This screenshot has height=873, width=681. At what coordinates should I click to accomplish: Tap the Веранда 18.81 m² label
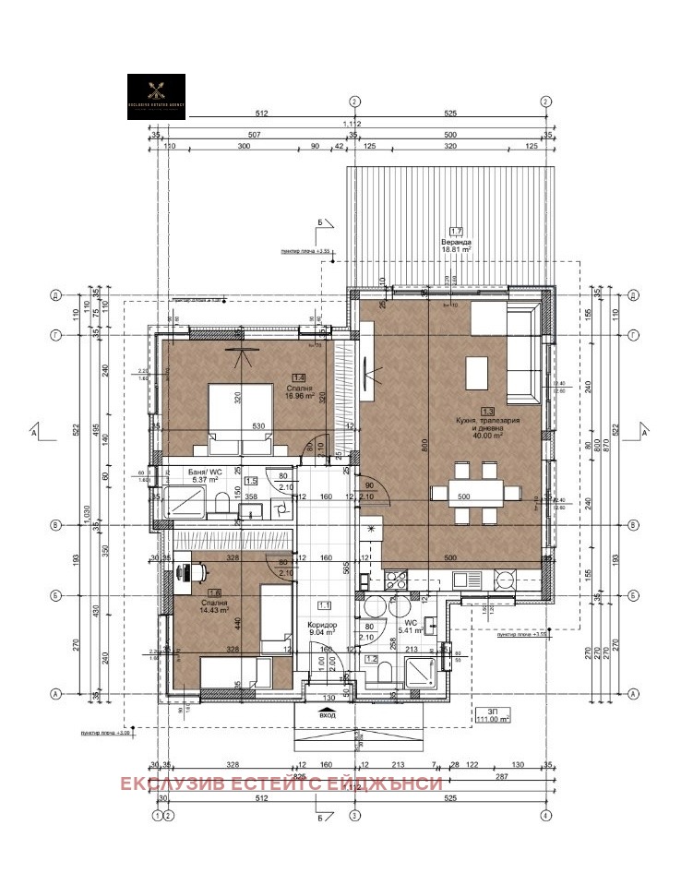tap(455, 245)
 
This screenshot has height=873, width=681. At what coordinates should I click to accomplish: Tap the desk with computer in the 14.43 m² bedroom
tap(193, 572)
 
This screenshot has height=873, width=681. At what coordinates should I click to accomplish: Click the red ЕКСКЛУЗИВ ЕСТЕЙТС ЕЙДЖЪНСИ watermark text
tap(280, 783)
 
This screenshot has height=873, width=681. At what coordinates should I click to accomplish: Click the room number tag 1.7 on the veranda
tap(455, 232)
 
